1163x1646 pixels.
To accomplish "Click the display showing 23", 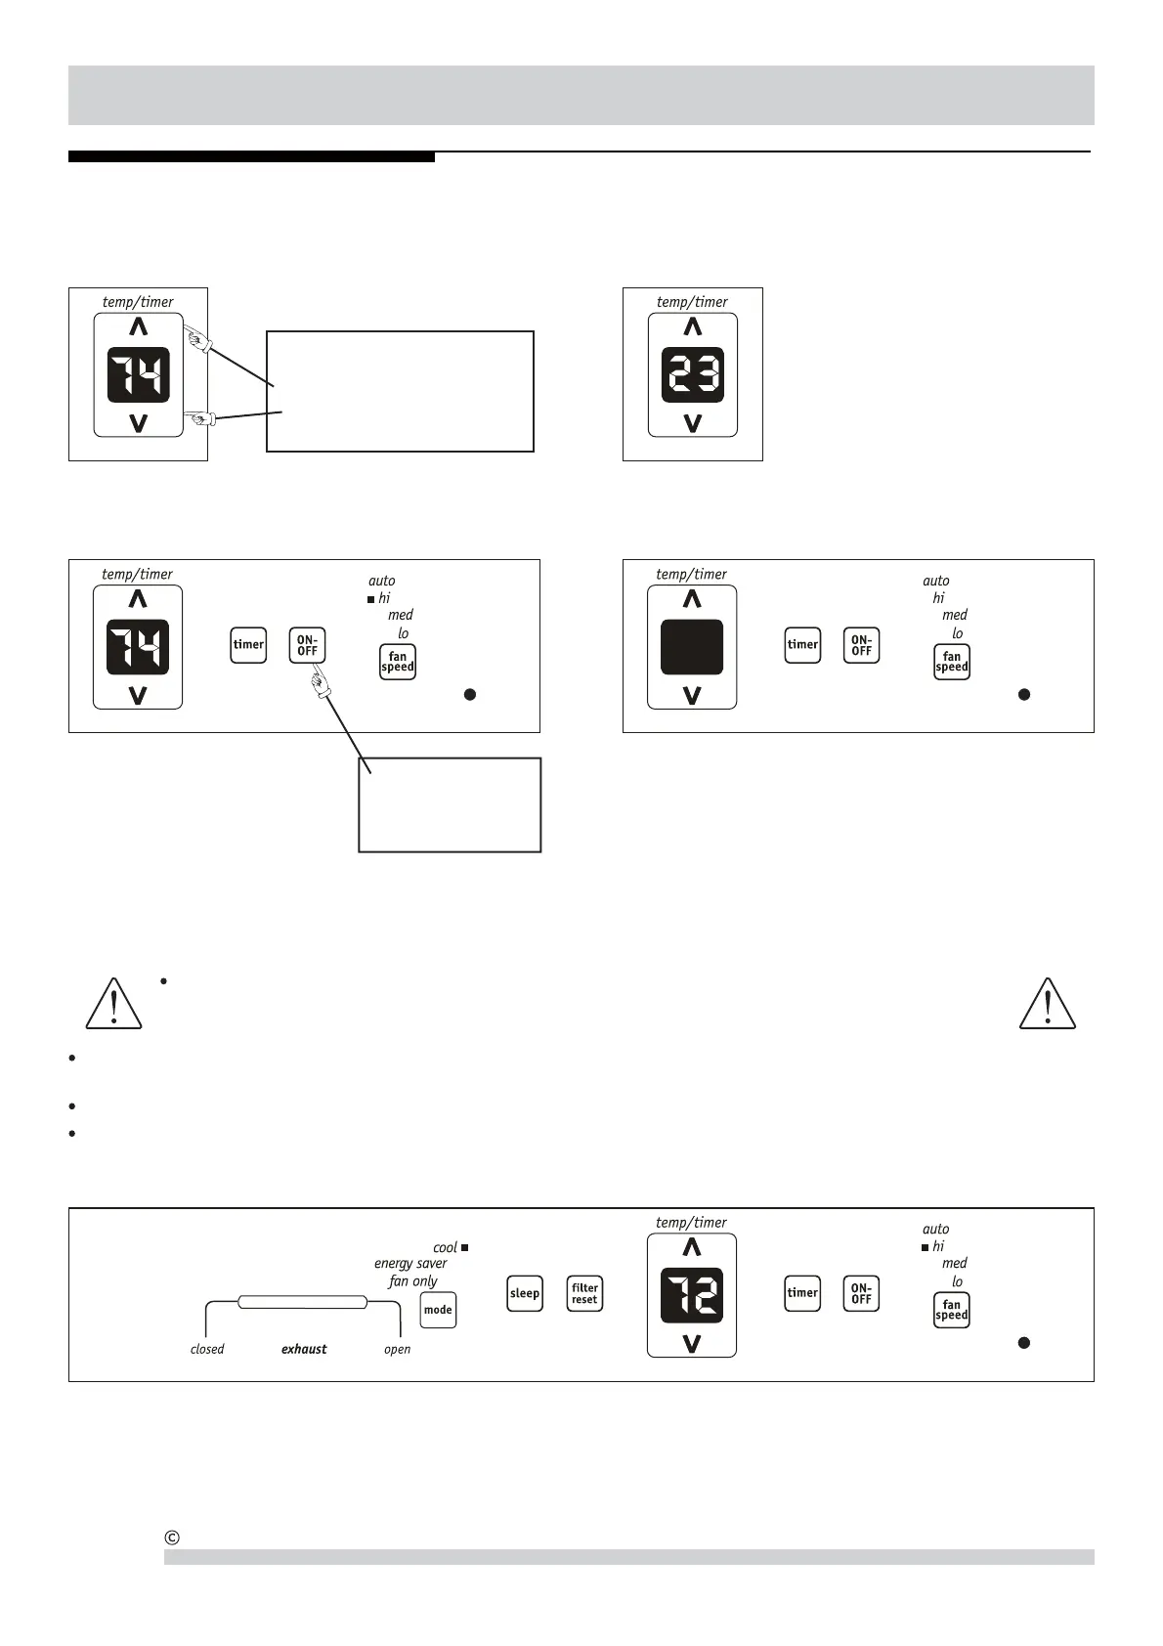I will [692, 374].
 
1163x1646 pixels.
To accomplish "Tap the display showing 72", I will [692, 1295].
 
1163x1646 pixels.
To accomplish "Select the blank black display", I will [692, 647].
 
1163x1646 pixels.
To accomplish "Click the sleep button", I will [525, 1293].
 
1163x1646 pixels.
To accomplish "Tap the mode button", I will [438, 1310].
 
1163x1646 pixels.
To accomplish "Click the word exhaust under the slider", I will [304, 1349].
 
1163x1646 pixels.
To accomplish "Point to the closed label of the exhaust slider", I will [207, 1349].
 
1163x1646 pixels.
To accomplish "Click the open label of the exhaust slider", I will [397, 1349].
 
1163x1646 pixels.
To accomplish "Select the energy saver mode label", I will [410, 1264].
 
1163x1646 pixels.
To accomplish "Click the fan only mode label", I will [412, 1281].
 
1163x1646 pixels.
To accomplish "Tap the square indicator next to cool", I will [465, 1247].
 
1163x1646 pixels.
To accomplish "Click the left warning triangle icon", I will [113, 1005].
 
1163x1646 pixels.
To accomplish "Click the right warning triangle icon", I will [1048, 1005].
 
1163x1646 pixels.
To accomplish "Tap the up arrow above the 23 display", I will [692, 326].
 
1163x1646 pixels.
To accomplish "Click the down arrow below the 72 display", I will [692, 1344].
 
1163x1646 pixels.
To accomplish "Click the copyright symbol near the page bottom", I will [172, 1538].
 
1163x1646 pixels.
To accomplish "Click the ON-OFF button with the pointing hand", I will [307, 645].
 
